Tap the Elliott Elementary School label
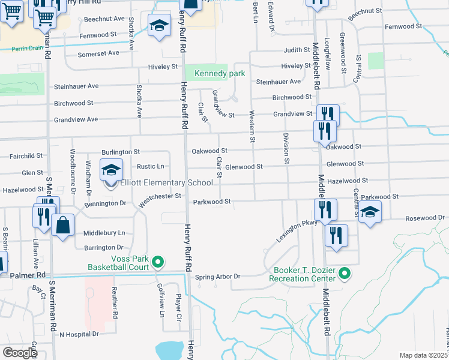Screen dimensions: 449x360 (x=167, y=183)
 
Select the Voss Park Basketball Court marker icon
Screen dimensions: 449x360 (x=158, y=262)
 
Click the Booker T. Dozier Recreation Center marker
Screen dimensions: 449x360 (x=345, y=274)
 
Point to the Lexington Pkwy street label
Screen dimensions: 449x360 (x=296, y=230)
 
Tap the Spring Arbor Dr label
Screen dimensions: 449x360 (x=218, y=277)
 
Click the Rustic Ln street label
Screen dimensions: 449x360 (x=151, y=166)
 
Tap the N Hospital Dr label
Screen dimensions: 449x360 (x=79, y=334)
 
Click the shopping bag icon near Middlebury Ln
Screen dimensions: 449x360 (x=62, y=226)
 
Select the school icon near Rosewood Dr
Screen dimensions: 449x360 (x=370, y=212)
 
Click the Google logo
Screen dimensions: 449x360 (x=19, y=353)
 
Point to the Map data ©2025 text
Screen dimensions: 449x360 (x=424, y=355)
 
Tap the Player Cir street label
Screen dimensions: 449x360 (x=179, y=305)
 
